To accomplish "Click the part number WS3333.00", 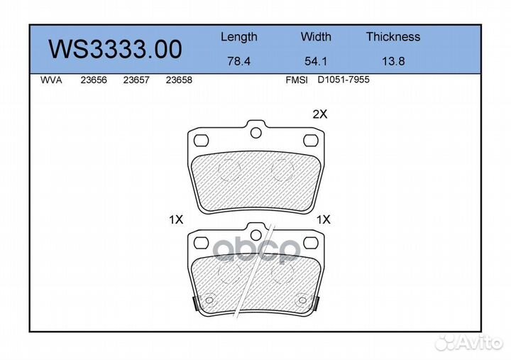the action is tap(115, 49).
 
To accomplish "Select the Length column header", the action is tap(239, 38).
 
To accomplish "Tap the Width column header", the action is tap(316, 36).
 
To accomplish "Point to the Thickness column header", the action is tap(393, 36).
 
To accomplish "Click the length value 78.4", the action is tap(239, 61).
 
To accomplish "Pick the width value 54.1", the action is tap(316, 61).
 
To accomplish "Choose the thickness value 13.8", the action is tap(393, 61).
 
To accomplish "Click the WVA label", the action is tap(51, 80).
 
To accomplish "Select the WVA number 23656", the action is tap(94, 80).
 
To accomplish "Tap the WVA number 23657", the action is tap(136, 80).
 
